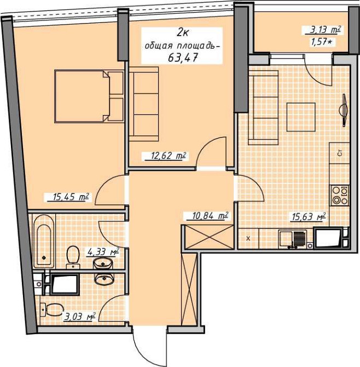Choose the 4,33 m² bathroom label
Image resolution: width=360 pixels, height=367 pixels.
[103, 253]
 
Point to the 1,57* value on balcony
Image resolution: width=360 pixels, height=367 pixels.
[321, 42]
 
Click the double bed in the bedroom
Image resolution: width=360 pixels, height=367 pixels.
[89, 96]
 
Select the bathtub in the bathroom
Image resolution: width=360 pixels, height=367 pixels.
[44, 241]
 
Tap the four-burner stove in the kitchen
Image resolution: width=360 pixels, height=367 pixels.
[340, 196]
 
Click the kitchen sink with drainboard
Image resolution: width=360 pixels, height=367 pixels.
[293, 239]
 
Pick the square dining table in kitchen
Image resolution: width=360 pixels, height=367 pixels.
[301, 117]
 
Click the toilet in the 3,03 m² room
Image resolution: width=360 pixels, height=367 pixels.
[51, 309]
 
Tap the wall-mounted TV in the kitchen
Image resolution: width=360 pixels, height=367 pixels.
[344, 110]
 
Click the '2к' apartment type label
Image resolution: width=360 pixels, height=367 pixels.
[182, 33]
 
